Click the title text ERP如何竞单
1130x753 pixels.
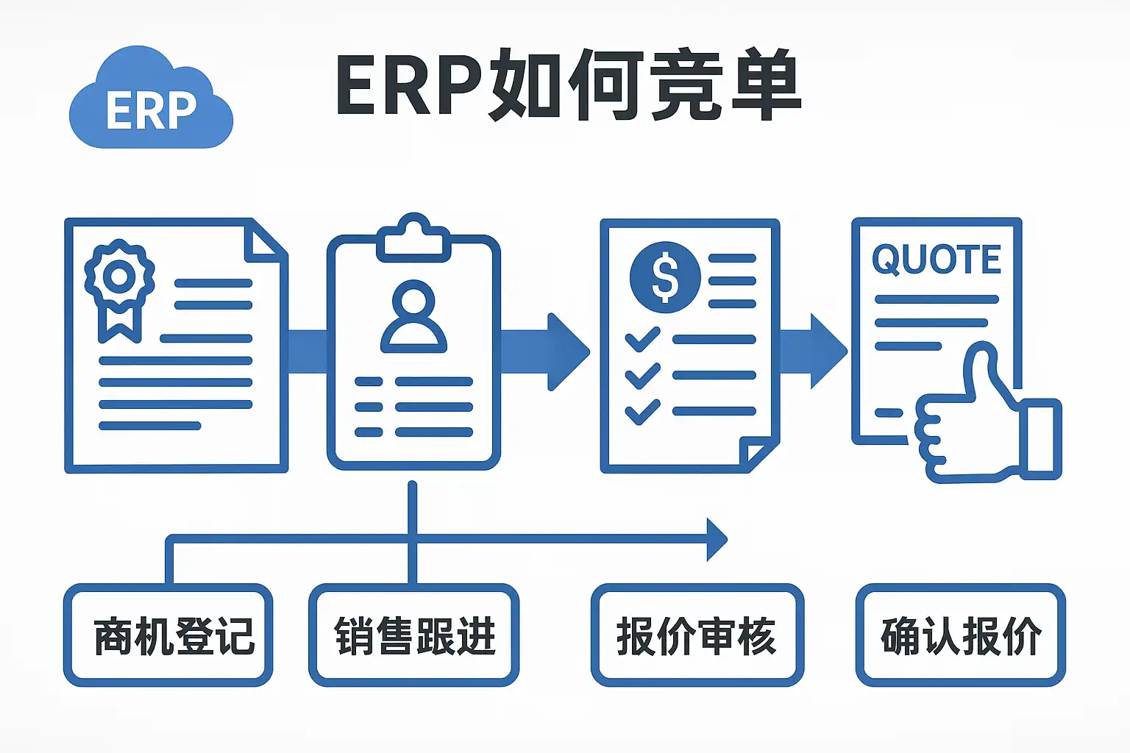(x=567, y=85)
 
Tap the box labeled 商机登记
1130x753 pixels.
(x=168, y=635)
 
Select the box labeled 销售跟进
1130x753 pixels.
(x=414, y=635)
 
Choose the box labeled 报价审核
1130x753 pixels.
(x=697, y=635)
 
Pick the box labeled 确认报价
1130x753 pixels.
(x=961, y=635)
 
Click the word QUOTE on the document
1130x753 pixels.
(x=936, y=260)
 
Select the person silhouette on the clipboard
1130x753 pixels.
(x=413, y=316)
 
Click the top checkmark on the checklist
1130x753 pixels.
(x=642, y=339)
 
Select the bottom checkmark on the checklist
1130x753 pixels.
(x=642, y=411)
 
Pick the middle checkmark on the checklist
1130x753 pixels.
(x=642, y=375)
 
